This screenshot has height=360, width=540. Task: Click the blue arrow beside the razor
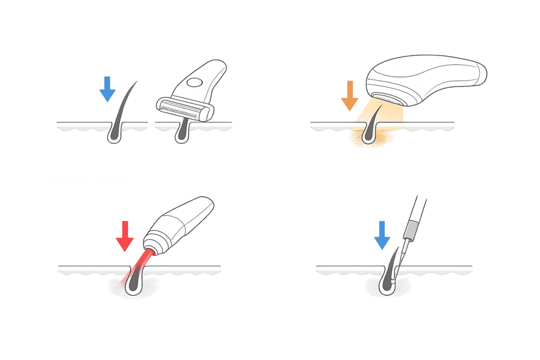coord(108,89)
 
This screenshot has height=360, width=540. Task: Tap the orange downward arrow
coord(349,95)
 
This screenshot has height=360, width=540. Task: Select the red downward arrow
coord(125,236)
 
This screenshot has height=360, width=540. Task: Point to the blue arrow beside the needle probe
coord(381,236)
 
